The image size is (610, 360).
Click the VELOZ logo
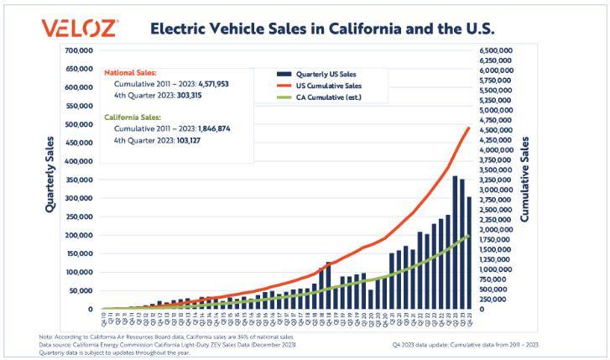[x=80, y=28]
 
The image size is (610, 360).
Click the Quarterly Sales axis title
[x=50, y=173]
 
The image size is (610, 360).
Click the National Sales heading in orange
[x=131, y=73]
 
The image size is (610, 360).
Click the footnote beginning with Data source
[x=168, y=345]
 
